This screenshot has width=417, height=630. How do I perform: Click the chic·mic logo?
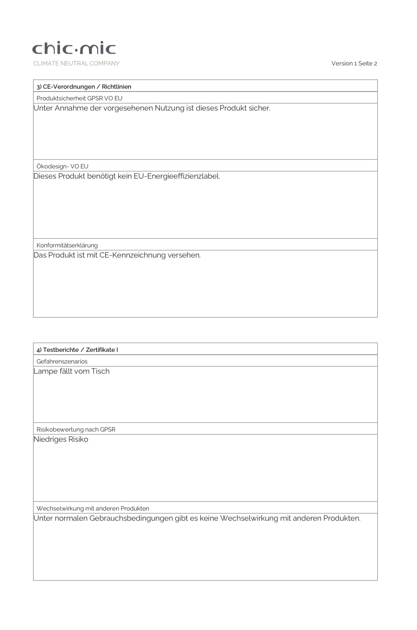pyautogui.click(x=74, y=49)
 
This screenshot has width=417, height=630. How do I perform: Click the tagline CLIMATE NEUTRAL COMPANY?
pyautogui.click(x=76, y=63)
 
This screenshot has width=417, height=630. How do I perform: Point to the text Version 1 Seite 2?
pyautogui.click(x=354, y=63)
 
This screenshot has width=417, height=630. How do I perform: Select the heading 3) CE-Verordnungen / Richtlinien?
pyautogui.click(x=84, y=87)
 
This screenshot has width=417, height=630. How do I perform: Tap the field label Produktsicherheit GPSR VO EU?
pyautogui.click(x=79, y=98)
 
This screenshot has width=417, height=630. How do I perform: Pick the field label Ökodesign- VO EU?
pyautogui.click(x=62, y=166)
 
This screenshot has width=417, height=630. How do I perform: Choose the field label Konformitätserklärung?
pyautogui.click(x=67, y=245)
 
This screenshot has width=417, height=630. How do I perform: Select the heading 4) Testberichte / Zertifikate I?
pyautogui.click(x=77, y=350)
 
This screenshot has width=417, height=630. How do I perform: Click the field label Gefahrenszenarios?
pyautogui.click(x=62, y=361)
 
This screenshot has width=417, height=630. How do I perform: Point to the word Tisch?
pyautogui.click(x=100, y=371)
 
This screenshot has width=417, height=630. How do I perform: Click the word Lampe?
pyautogui.click(x=43, y=371)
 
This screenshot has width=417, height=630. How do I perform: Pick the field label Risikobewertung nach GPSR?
pyautogui.click(x=76, y=429)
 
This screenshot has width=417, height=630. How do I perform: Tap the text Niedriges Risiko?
pyautogui.click(x=61, y=439)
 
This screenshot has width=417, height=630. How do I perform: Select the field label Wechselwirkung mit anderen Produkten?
pyautogui.click(x=93, y=508)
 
